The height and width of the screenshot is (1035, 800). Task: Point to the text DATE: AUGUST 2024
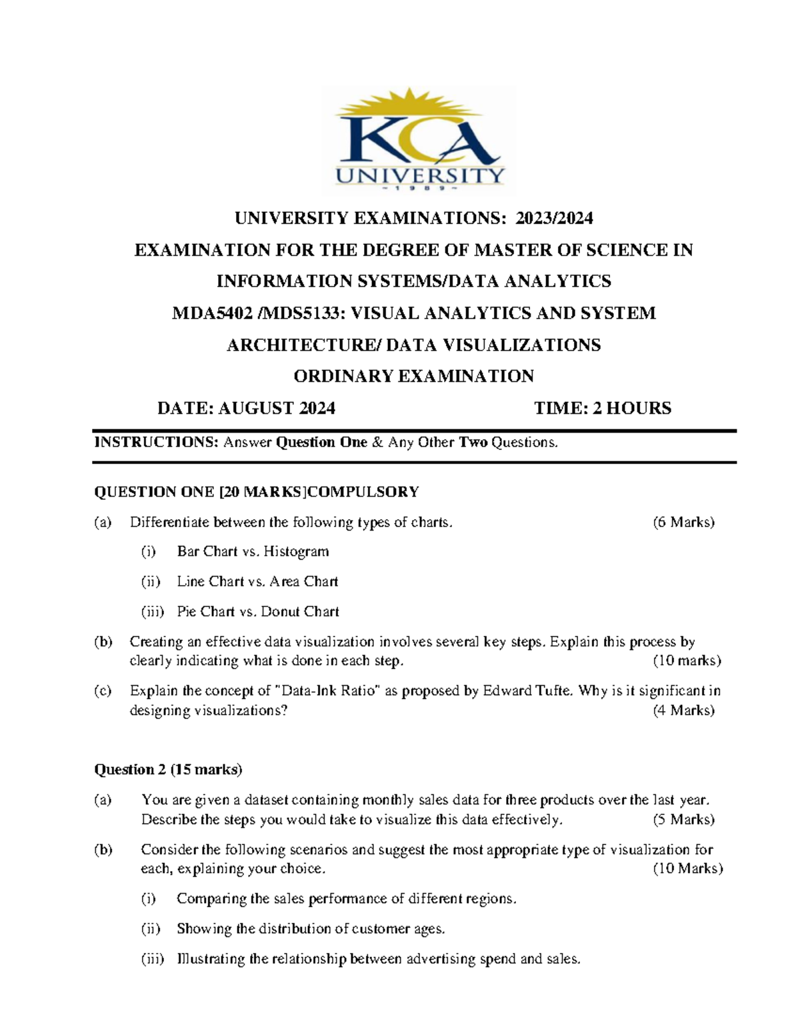pyautogui.click(x=246, y=408)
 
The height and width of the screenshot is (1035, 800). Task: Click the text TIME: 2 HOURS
pyautogui.click(x=603, y=408)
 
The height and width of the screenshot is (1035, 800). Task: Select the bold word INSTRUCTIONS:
pyautogui.click(x=157, y=442)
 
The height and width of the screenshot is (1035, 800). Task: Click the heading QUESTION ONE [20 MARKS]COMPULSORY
pyautogui.click(x=257, y=492)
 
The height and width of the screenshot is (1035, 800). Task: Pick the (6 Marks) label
pyautogui.click(x=683, y=522)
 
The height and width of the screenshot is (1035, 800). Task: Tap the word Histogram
pyautogui.click(x=296, y=551)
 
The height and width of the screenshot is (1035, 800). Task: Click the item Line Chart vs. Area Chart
pyautogui.click(x=257, y=581)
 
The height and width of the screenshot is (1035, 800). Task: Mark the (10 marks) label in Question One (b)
pyautogui.click(x=687, y=660)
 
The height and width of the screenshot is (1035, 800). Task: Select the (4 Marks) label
pyautogui.click(x=683, y=710)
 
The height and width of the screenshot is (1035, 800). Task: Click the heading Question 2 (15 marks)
pyautogui.click(x=168, y=770)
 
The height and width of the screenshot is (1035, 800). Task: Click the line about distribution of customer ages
pyautogui.click(x=311, y=928)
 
